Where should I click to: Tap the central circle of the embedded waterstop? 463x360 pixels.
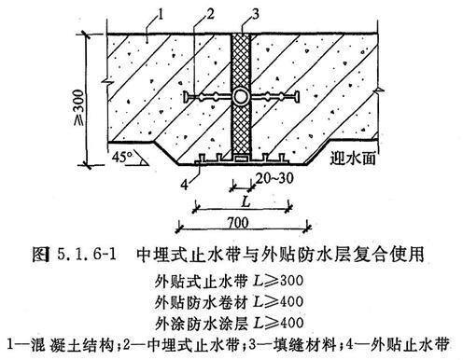[241, 96]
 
